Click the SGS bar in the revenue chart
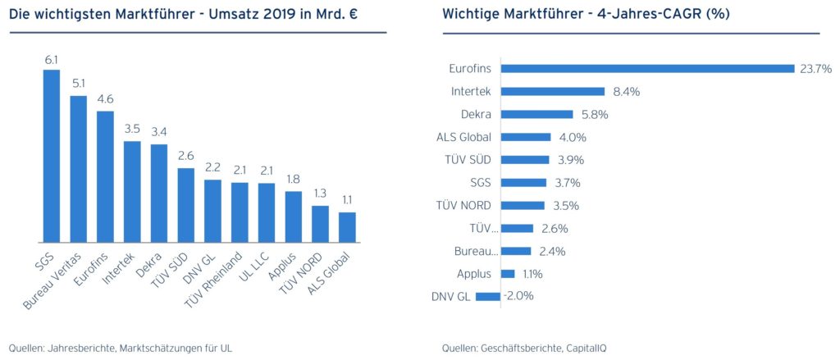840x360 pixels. (x=52, y=156)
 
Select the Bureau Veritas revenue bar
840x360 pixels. (x=79, y=169)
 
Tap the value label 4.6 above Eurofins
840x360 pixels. (x=105, y=99)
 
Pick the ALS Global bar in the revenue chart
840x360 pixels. (x=348, y=227)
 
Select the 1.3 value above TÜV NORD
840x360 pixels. (x=321, y=194)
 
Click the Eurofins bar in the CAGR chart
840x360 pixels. (x=647, y=69)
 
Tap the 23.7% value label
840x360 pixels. (x=816, y=69)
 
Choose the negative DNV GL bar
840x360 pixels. (x=488, y=296)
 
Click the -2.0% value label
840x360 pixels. (x=518, y=296)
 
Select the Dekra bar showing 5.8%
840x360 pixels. (x=536, y=115)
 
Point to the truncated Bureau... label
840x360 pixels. (x=473, y=251)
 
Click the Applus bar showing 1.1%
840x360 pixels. (x=507, y=273)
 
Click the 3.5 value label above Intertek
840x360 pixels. (x=132, y=129)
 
